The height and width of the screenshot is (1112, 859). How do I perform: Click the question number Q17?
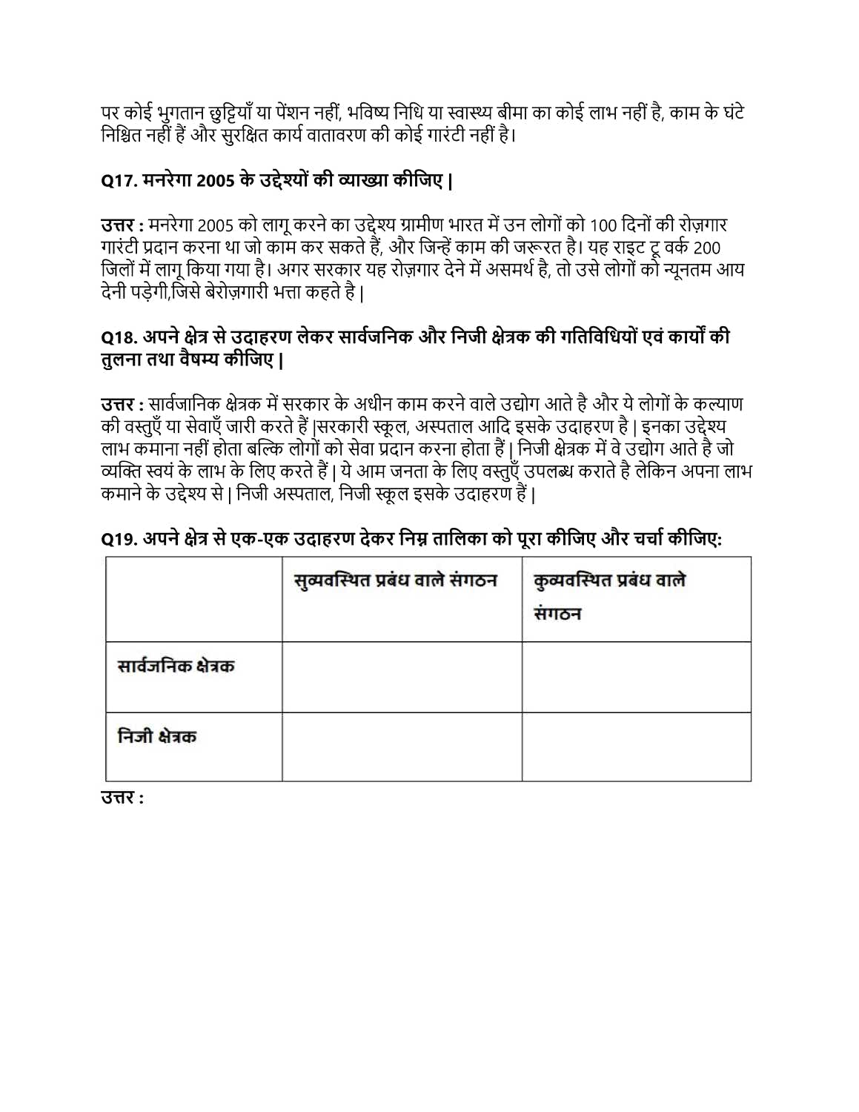pyautogui.click(x=119, y=181)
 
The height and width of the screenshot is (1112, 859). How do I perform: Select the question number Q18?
pyautogui.click(x=119, y=337)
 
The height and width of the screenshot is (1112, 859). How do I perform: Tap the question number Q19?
pyautogui.click(x=119, y=539)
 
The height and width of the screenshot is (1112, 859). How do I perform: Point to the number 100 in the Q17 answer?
pyautogui.click(x=604, y=225)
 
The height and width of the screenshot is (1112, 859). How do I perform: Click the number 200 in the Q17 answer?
pyautogui.click(x=706, y=248)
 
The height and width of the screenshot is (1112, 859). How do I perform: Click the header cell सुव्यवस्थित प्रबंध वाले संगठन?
pyautogui.click(x=395, y=580)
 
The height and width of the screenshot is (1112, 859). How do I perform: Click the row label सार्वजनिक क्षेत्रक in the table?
pyautogui.click(x=176, y=666)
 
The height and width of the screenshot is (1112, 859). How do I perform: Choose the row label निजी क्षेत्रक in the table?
pyautogui.click(x=156, y=736)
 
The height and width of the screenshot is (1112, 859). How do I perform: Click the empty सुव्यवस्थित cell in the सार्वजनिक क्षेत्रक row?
pyautogui.click(x=402, y=677)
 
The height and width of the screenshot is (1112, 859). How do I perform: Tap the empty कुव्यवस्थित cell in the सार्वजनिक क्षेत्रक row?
pyautogui.click(x=636, y=677)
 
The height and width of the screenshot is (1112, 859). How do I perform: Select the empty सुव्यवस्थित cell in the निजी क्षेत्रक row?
pyautogui.click(x=402, y=747)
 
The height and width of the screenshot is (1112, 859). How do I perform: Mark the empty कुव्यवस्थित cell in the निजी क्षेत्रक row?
pyautogui.click(x=636, y=747)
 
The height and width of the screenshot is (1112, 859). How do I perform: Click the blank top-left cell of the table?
pyautogui.click(x=193, y=599)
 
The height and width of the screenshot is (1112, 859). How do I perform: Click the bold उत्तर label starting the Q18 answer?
pyautogui.click(x=117, y=405)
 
